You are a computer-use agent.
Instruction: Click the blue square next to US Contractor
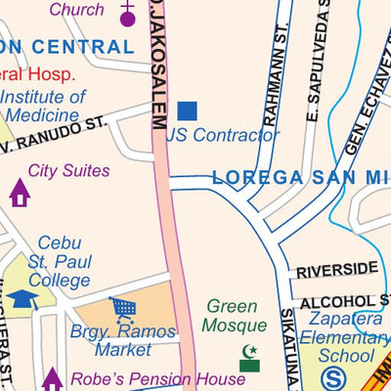187,111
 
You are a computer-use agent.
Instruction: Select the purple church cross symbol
127,14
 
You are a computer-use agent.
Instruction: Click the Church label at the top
76,10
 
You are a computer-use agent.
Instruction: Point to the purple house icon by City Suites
20,193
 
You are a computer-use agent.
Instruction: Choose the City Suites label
68,171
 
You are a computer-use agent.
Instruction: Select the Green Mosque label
236,316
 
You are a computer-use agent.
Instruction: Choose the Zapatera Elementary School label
348,337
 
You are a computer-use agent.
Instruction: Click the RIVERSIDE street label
336,269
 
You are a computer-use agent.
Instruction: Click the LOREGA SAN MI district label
301,179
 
